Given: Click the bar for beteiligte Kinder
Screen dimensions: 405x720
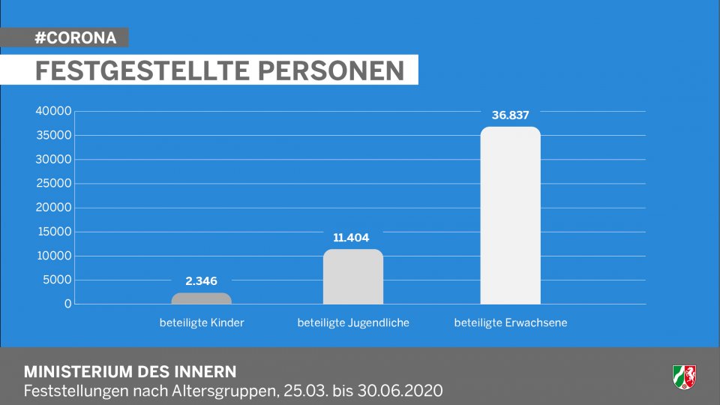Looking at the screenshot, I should pyautogui.click(x=202, y=298).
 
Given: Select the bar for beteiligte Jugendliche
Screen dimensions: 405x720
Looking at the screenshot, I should pyautogui.click(x=353, y=277).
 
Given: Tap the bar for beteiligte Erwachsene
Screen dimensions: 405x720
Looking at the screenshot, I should pyautogui.click(x=510, y=215).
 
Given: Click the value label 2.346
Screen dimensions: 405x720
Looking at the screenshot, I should pyautogui.click(x=202, y=281).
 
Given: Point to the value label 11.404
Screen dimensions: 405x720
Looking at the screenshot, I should pyautogui.click(x=352, y=238).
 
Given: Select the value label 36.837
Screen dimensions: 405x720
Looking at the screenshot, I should pyautogui.click(x=511, y=115).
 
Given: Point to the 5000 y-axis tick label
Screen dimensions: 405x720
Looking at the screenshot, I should pyautogui.click(x=56, y=280).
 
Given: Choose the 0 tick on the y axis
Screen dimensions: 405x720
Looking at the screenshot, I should pyautogui.click(x=67, y=304).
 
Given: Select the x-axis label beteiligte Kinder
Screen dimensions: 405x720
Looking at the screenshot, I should pyautogui.click(x=202, y=323).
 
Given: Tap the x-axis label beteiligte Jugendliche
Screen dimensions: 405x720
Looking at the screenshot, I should pyautogui.click(x=353, y=323).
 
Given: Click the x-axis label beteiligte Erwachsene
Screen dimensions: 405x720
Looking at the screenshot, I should pyautogui.click(x=511, y=323).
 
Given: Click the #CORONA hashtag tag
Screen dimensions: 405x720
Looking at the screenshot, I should pyautogui.click(x=75, y=37).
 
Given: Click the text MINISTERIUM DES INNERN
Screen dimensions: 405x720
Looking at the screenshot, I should pyautogui.click(x=130, y=371).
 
